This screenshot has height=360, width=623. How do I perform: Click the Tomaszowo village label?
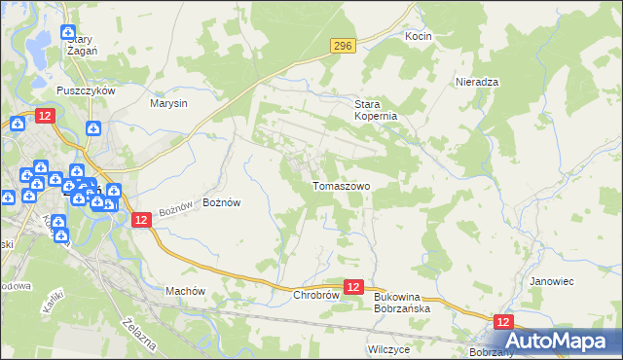click(341, 185)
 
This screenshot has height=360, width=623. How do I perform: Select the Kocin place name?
click(419, 36)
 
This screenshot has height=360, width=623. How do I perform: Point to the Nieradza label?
click(477, 83)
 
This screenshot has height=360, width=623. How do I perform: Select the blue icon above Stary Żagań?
click(67, 33)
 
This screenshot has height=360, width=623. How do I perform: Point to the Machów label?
click(185, 290)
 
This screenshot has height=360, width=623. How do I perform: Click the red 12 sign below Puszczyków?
click(45, 116)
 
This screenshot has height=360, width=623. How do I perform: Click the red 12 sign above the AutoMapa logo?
click(503, 321)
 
